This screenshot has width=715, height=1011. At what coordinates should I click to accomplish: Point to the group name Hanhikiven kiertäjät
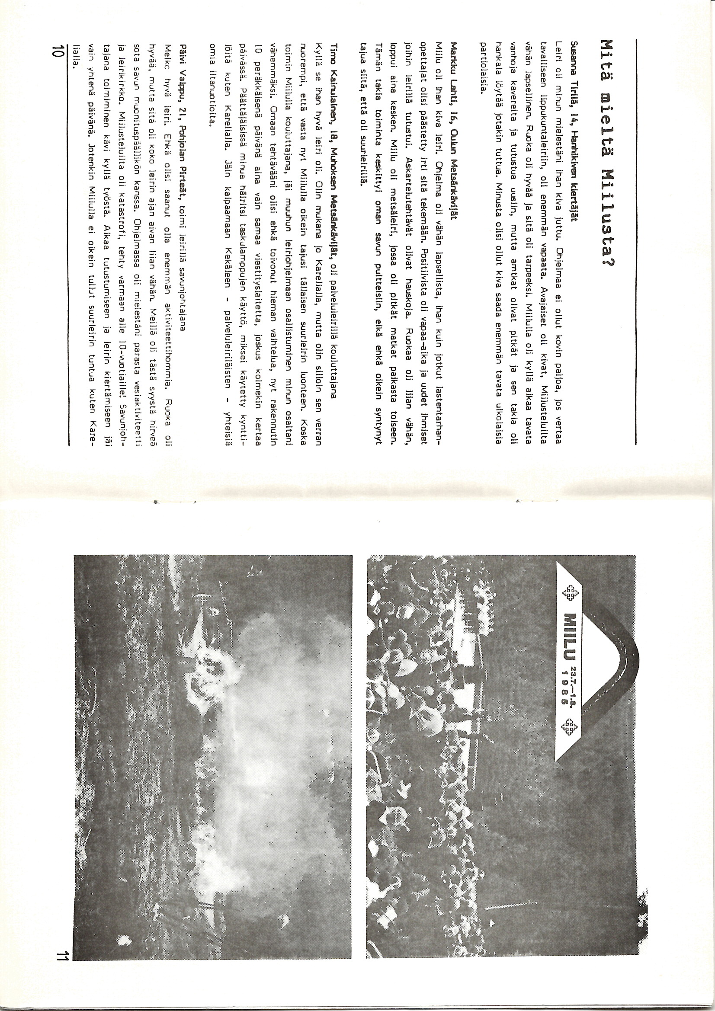pos(571,159)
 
